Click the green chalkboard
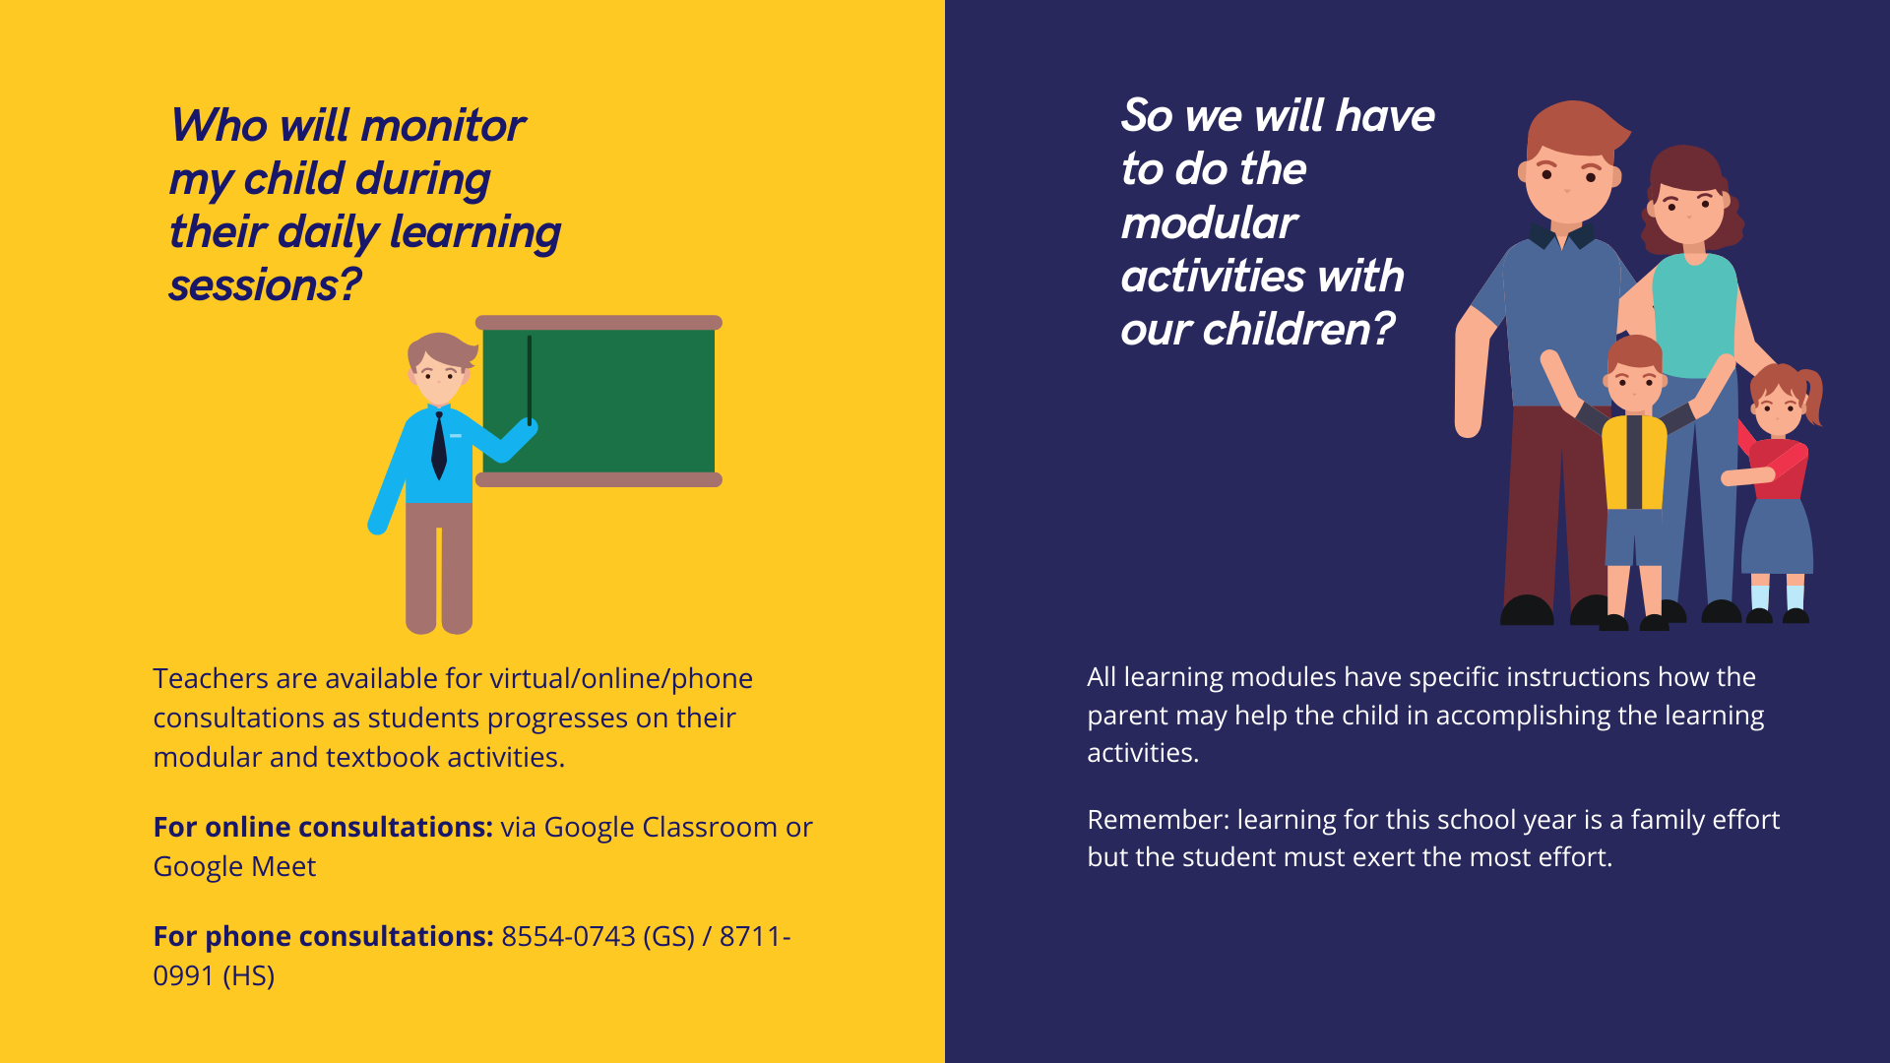[598, 401]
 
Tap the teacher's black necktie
[439, 446]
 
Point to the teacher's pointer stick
[530, 380]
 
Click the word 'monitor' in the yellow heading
[442, 126]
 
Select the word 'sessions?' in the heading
[265, 285]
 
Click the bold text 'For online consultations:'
[323, 827]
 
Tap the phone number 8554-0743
[568, 936]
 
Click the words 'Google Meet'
[234, 866]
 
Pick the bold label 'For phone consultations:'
[323, 936]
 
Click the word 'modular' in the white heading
[1209, 223]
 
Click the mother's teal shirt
[1695, 315]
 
